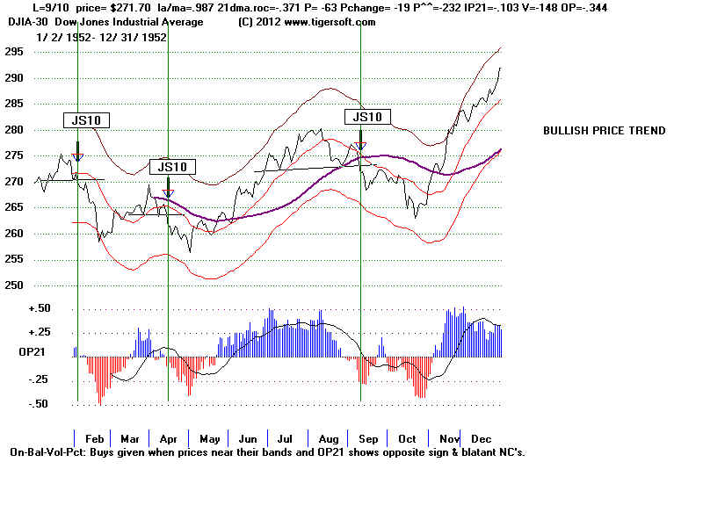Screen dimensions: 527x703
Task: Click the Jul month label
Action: point(284,438)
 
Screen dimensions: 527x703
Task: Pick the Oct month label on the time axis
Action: point(406,438)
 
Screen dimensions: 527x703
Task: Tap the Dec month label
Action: point(481,438)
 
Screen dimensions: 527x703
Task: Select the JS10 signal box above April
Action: point(173,167)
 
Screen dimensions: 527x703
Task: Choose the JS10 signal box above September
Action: point(366,117)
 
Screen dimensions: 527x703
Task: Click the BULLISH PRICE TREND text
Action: point(604,131)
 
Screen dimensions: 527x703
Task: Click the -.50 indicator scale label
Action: point(40,404)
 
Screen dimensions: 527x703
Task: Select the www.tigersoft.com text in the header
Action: point(318,23)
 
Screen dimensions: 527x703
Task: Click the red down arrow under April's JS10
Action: point(168,193)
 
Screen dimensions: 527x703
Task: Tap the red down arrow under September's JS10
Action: point(360,146)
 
